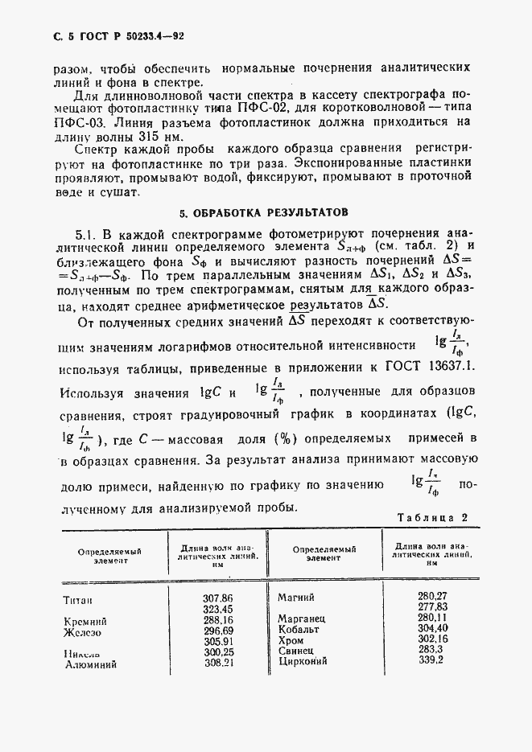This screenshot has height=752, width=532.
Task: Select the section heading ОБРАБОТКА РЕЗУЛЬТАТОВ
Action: coord(265,213)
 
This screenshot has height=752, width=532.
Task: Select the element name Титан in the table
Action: coord(78,600)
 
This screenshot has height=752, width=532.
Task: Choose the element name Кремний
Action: coord(85,622)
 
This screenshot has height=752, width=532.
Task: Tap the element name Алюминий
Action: coord(89,665)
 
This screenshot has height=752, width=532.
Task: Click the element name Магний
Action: coord(295,597)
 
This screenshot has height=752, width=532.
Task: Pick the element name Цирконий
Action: coord(302,660)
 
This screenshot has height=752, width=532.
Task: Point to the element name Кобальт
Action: coord(298,629)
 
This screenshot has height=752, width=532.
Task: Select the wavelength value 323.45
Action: coord(218,610)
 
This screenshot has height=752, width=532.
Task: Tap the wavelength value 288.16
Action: coord(218,621)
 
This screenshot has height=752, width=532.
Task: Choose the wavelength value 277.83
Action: coord(432,606)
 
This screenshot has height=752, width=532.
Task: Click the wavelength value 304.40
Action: coord(432,628)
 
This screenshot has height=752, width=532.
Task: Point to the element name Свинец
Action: coord(295,650)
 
